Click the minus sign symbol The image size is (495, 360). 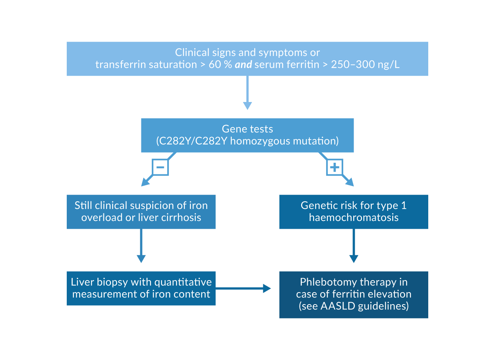coord(160,167)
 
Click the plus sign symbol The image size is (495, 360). coord(334,167)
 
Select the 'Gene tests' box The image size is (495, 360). coord(247,135)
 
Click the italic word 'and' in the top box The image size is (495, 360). coord(243,64)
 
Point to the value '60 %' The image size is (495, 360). coord(220,64)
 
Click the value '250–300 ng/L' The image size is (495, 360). coord(365,64)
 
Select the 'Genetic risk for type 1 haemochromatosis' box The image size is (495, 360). coord(354,211)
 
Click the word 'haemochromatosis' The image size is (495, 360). coord(354,217)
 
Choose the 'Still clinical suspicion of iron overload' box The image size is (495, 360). coord(141,211)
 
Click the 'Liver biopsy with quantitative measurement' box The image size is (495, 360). coord(141,288)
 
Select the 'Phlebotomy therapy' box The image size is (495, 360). coord(354,294)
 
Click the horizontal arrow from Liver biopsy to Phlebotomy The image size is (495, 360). coord(243,288)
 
